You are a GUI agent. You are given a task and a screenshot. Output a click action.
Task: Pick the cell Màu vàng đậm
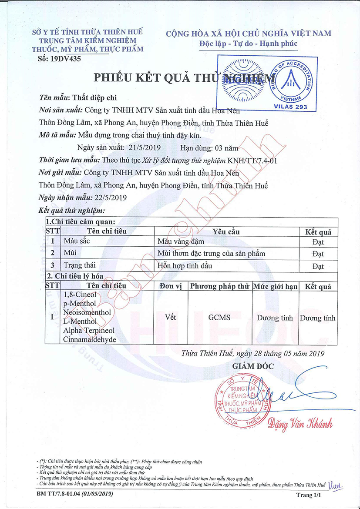click(x=181, y=241)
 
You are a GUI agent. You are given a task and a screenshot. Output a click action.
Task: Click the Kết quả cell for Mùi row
click(x=318, y=253)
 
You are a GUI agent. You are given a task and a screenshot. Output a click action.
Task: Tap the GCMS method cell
click(x=219, y=318)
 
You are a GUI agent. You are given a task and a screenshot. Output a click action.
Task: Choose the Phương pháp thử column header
click(x=219, y=286)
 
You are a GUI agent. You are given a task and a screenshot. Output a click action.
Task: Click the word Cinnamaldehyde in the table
click(x=90, y=339)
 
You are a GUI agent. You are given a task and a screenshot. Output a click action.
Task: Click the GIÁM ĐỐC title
click(x=253, y=366)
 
